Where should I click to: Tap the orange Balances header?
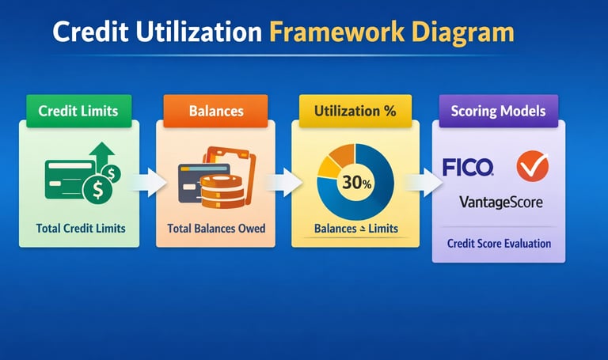[215, 111]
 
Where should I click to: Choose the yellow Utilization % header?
[355, 111]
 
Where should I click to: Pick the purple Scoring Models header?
[498, 111]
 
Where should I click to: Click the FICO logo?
[468, 167]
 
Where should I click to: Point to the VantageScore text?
[500, 203]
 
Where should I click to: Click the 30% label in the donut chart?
[356, 181]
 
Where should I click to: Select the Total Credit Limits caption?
[81, 229]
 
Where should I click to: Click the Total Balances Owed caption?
[215, 229]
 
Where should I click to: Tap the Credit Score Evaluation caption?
[499, 243]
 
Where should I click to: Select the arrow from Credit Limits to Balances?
[148, 181]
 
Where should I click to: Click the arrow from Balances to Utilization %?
[283, 181]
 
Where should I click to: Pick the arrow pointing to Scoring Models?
[421, 181]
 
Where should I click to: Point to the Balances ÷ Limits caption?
[355, 229]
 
